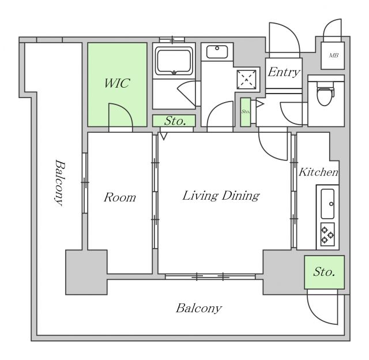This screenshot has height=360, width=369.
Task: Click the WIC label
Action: coord(117,83)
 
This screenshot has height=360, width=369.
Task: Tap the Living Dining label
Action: coord(221,196)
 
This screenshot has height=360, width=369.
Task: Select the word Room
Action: coord(120,198)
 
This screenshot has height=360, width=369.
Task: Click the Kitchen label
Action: coord(318,172)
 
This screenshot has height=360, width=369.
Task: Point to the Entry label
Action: coord(284,72)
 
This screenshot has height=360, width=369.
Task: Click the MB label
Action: coord(333,56)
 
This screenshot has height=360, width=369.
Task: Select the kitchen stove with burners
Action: coord(327,232)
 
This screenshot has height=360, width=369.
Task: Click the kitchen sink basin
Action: coord(327,201)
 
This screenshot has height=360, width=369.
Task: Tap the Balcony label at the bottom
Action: coord(198,308)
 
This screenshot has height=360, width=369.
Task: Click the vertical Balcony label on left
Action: coord(59,182)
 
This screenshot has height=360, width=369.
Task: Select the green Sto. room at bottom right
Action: coord(325,272)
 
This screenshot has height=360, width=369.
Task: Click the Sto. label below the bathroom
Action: coord(174,121)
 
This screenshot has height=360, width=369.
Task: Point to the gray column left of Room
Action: coord(85,272)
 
